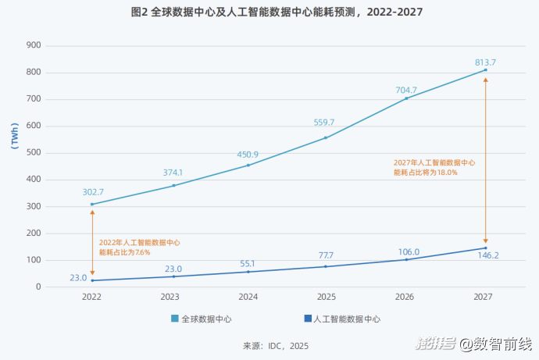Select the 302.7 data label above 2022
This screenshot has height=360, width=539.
[x=92, y=192]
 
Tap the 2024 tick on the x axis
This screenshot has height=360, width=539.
[x=248, y=297]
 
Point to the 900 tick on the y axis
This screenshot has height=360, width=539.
[x=32, y=45]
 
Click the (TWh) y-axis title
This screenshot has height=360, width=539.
[x=15, y=134]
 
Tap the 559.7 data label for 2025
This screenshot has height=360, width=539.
[x=324, y=123]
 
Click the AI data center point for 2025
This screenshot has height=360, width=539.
[x=327, y=266]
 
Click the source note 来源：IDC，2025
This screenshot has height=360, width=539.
[x=276, y=344]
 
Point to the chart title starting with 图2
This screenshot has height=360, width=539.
[x=269, y=12]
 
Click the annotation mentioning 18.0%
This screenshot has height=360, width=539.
[x=434, y=167]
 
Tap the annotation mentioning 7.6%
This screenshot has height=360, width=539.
[x=138, y=248]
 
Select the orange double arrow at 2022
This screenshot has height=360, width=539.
[x=92, y=242]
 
